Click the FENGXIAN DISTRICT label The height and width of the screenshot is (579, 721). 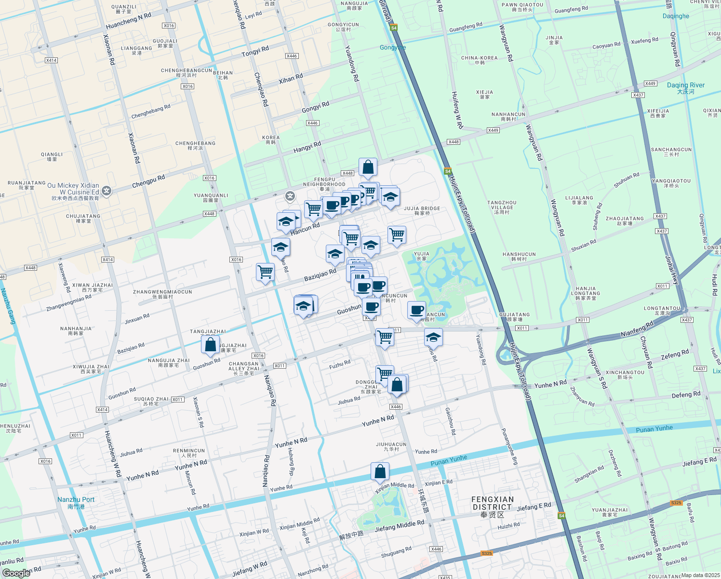(492, 503)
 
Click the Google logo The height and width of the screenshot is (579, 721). (16, 573)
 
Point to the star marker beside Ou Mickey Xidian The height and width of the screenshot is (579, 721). (107, 192)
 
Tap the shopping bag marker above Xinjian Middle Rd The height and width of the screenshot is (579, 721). (380, 471)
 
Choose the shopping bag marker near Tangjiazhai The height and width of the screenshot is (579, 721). (210, 345)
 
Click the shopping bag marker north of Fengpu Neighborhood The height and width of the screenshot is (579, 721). (368, 167)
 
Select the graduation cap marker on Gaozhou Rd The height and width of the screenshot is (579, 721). (433, 337)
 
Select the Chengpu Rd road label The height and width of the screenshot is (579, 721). (148, 181)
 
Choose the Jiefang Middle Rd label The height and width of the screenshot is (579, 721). (400, 526)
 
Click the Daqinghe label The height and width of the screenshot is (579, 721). (676, 16)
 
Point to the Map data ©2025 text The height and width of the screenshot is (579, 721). (700, 575)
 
